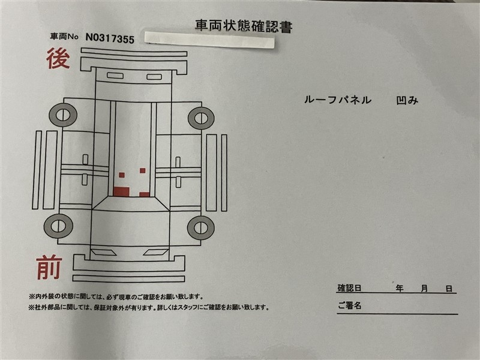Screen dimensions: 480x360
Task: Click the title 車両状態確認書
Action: click(244, 26)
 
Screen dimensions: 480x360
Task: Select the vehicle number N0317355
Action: click(110, 38)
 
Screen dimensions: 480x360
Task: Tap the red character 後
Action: click(58, 58)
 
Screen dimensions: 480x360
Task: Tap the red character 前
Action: click(49, 267)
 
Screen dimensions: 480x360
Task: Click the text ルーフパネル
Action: click(338, 100)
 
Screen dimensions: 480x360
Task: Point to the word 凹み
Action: click(407, 100)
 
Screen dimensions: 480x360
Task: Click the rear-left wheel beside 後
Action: click(63, 115)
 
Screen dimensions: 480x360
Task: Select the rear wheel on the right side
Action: click(201, 118)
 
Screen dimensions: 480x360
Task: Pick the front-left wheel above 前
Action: click(58, 226)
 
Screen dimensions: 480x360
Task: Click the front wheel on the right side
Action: click(201, 228)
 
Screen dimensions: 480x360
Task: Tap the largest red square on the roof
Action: click(121, 191)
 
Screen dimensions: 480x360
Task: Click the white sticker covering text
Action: click(209, 40)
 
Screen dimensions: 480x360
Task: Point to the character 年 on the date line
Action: click(400, 289)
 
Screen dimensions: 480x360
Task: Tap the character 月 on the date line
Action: click(424, 289)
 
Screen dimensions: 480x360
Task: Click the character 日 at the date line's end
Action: click(449, 289)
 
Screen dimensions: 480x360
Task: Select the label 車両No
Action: click(64, 37)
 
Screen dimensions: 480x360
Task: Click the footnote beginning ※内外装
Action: click(116, 296)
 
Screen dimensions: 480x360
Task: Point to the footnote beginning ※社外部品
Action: click(149, 307)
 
